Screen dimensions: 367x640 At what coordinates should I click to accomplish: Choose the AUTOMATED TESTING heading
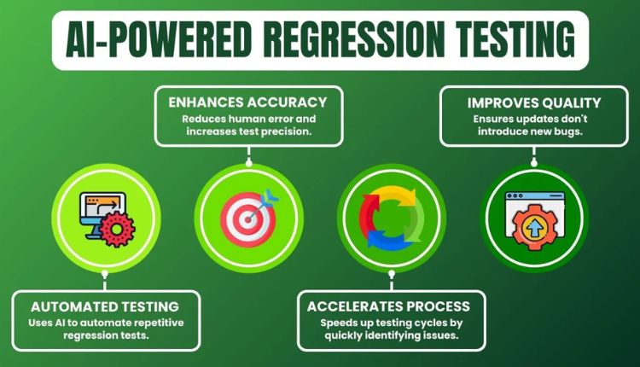pos(105,306)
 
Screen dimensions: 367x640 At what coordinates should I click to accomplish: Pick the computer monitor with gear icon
pos(104,217)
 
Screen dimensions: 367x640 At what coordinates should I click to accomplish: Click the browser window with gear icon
pos(532,217)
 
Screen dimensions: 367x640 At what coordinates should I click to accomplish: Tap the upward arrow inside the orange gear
pos(533,225)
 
